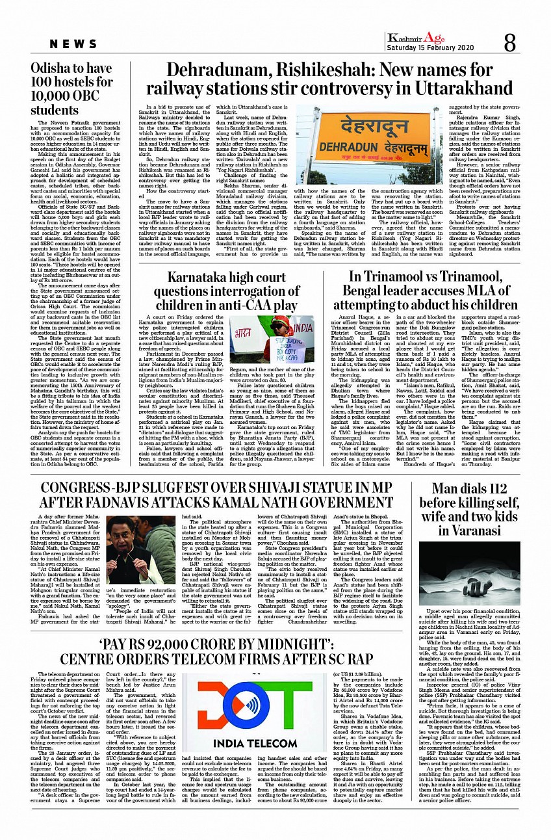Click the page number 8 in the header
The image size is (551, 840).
[509, 43]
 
